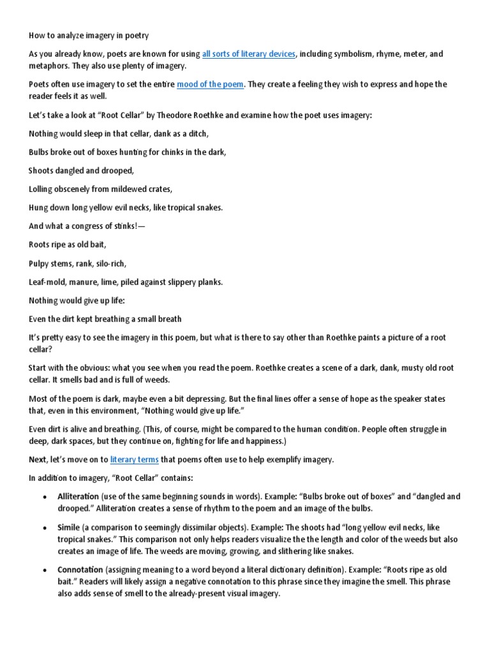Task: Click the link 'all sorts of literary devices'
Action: click(x=249, y=54)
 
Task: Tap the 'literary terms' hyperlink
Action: click(x=134, y=459)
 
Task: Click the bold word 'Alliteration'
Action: click(x=78, y=496)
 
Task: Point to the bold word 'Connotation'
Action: click(x=80, y=569)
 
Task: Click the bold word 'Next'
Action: click(x=38, y=459)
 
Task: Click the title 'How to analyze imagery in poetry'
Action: click(x=89, y=36)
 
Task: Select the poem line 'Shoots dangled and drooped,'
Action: click(x=80, y=170)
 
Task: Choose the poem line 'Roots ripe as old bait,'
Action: click(x=68, y=244)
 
